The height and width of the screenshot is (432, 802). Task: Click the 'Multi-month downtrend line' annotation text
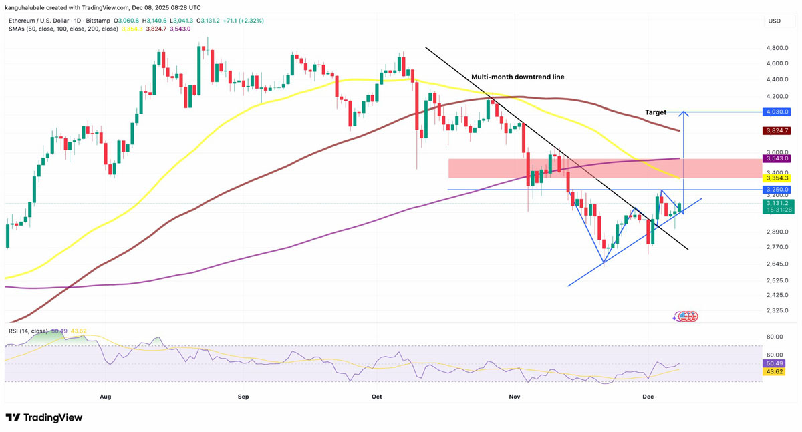(517, 77)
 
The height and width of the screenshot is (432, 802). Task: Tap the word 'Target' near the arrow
(656, 112)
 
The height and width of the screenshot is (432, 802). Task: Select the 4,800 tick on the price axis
(778, 49)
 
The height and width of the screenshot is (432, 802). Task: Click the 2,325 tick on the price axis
(778, 311)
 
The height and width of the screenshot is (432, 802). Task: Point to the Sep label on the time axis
(243, 397)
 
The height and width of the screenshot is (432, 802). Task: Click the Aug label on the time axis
(105, 397)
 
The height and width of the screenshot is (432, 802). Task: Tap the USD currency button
(775, 21)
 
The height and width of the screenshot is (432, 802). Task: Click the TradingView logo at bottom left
(44, 418)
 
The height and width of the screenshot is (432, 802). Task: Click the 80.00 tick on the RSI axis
(775, 337)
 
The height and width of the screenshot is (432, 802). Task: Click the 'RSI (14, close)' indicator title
(27, 331)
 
